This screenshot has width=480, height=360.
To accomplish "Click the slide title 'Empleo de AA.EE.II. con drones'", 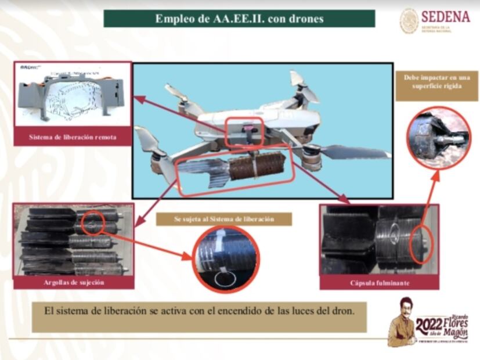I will [x=239, y=19].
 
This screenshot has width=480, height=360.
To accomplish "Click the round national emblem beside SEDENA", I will [x=409, y=20].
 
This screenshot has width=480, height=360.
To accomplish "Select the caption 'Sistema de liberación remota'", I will [x=73, y=138].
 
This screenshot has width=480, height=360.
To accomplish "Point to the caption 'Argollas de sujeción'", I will [x=74, y=282].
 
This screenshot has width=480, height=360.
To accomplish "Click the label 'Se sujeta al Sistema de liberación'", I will [x=224, y=219].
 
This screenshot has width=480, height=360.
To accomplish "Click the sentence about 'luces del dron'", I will [x=199, y=310].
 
